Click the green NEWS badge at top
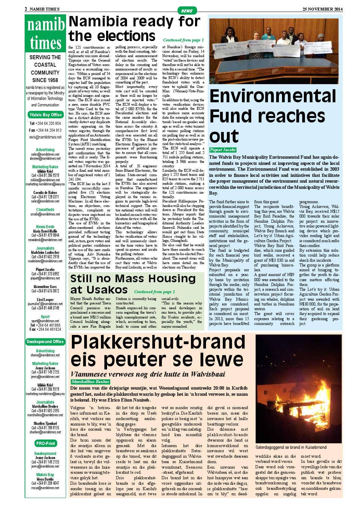point(187,11)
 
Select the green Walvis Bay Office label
point(46,115)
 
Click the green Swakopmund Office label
point(45,341)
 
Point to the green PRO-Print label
point(45,443)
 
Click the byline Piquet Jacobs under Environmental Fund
point(223,150)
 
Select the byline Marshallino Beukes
point(91,382)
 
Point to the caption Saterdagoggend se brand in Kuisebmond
point(291,447)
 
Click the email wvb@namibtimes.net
point(46,137)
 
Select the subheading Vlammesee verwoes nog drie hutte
point(148,374)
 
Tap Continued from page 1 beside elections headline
point(183,40)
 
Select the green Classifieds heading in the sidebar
point(45,210)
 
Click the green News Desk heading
point(45,227)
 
